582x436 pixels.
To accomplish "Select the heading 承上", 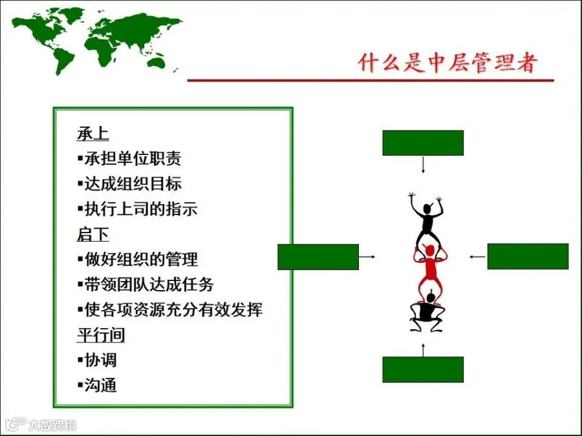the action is pyautogui.click(x=93, y=134).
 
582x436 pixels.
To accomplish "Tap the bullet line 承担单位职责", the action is pyautogui.click(x=129, y=158).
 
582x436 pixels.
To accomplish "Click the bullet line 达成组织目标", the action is pyautogui.click(x=129, y=183).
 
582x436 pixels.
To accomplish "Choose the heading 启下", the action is pyautogui.click(x=93, y=234).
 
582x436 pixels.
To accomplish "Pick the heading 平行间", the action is pyautogui.click(x=101, y=335).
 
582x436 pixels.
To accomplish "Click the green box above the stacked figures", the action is pyautogui.click(x=423, y=143).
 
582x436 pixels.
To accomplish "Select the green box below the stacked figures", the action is pyautogui.click(x=423, y=369).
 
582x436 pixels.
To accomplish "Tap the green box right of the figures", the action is pyautogui.click(x=528, y=256).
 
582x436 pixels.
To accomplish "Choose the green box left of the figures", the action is pyautogui.click(x=318, y=256).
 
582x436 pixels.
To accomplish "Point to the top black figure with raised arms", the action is pyautogui.click(x=425, y=220).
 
